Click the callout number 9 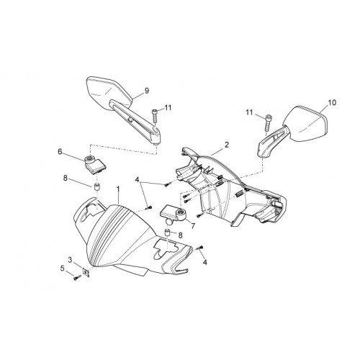(147, 91)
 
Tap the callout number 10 (332, 103)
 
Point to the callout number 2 (227, 145)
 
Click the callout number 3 (70, 260)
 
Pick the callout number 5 (63, 268)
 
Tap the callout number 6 (60, 151)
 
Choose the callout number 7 (193, 225)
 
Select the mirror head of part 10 (308, 124)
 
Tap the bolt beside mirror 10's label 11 (268, 123)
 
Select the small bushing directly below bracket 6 (96, 186)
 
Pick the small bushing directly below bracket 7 (168, 233)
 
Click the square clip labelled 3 (86, 272)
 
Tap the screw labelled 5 (77, 278)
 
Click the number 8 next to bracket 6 (65, 178)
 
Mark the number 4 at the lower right (204, 262)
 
